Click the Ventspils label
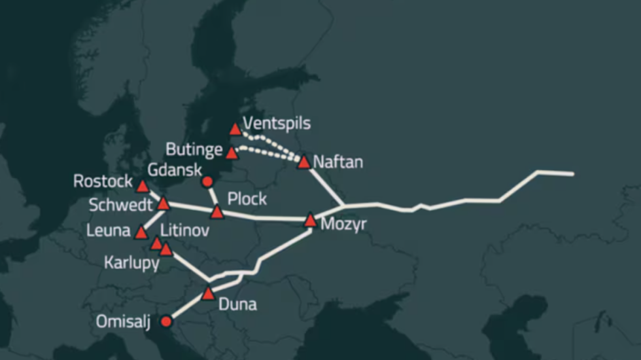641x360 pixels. [x=276, y=123]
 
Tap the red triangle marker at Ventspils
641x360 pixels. [x=235, y=129]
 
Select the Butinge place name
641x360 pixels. [x=194, y=149]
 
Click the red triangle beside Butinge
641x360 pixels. [x=232, y=153]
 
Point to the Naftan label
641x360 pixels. [x=338, y=162]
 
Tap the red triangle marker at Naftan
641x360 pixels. [x=303, y=162]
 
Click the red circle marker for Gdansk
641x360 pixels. [x=207, y=181]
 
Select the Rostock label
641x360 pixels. [x=103, y=181]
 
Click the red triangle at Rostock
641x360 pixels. [x=143, y=187]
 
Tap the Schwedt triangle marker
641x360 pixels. [x=164, y=204]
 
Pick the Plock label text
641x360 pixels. [x=247, y=198]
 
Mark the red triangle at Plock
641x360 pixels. [x=217, y=212]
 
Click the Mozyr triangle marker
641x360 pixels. [x=311, y=220]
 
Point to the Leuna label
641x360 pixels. [x=108, y=230]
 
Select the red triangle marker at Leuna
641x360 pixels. [x=141, y=232]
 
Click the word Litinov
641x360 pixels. [x=185, y=230]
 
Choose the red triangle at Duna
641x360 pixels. [x=208, y=294]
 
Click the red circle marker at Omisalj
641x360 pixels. [x=166, y=321]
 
